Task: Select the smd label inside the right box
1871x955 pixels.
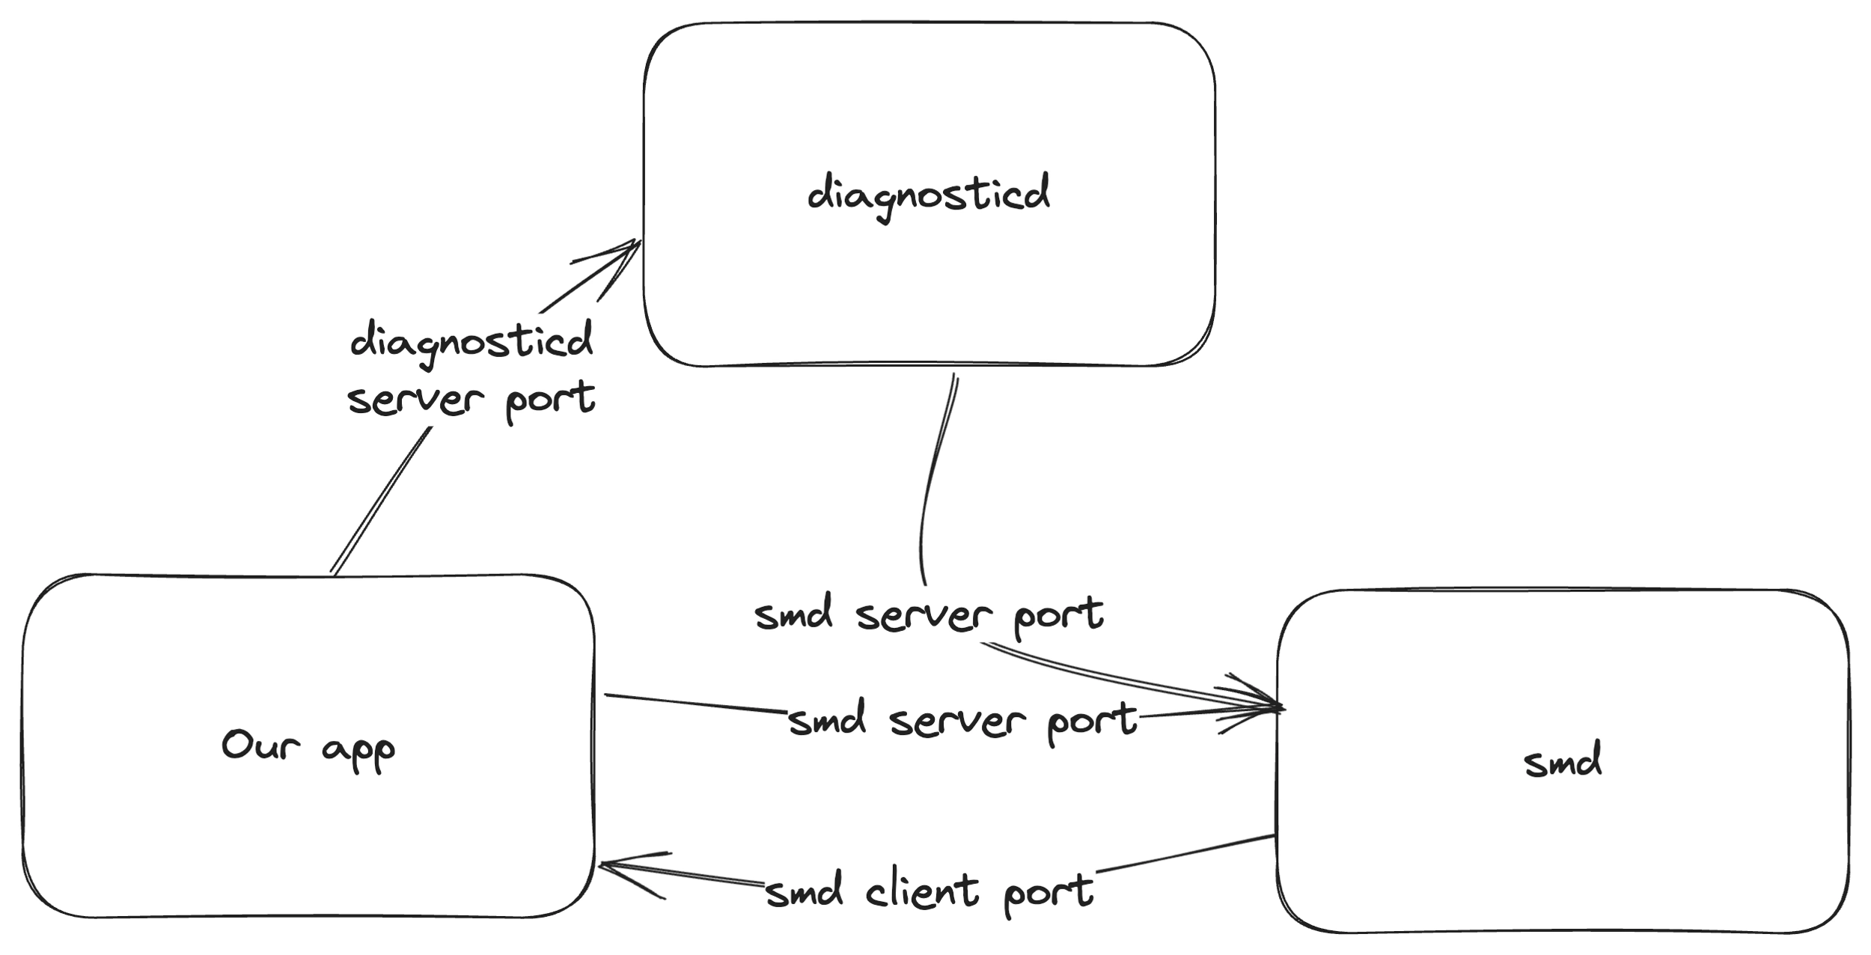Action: pyautogui.click(x=1563, y=760)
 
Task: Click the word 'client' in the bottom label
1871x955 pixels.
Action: pyautogui.click(x=922, y=891)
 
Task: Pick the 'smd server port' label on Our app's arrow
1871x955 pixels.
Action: pyautogui.click(x=962, y=721)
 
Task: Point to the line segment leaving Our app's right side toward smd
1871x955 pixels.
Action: pyautogui.click(x=696, y=704)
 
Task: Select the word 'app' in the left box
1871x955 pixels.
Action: pyautogui.click(x=358, y=751)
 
